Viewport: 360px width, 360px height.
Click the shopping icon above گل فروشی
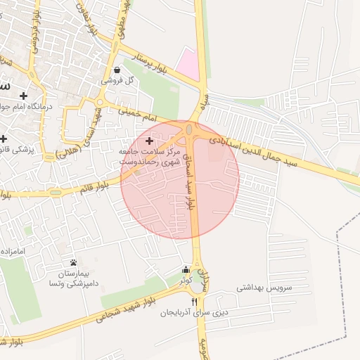[x=117, y=70]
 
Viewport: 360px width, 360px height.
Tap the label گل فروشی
[x=117, y=81]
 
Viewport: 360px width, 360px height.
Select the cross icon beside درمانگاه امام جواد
[x=24, y=95]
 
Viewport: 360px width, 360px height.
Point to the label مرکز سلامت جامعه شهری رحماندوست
[x=150, y=156]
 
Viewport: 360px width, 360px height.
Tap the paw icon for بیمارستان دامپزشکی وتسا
[x=73, y=262]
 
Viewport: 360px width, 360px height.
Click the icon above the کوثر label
[x=186, y=269]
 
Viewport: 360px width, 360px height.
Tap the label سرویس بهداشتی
[x=264, y=288]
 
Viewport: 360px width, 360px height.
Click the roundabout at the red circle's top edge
[x=190, y=131]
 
